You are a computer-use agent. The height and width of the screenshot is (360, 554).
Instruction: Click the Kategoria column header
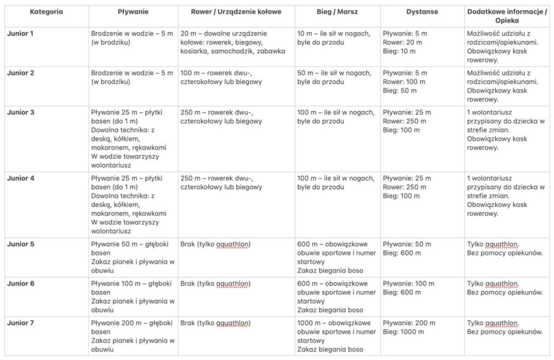(x=45, y=11)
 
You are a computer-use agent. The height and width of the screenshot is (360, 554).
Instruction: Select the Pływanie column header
(x=133, y=11)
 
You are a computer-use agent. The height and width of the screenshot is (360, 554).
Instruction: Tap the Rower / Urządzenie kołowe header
(x=236, y=11)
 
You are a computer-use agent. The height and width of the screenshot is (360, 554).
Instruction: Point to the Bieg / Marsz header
(x=336, y=11)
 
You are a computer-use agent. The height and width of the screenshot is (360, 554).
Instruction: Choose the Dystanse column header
(x=422, y=11)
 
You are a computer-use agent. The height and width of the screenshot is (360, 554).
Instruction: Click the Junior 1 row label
(x=21, y=33)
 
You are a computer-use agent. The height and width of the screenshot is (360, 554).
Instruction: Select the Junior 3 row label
(x=21, y=112)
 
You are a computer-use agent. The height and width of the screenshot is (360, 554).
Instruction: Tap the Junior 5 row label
(x=21, y=244)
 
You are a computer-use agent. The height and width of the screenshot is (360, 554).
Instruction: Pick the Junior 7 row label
(x=21, y=323)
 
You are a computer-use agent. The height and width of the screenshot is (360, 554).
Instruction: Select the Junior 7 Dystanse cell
(x=408, y=328)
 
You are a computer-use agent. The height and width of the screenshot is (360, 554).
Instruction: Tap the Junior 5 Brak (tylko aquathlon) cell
(x=215, y=244)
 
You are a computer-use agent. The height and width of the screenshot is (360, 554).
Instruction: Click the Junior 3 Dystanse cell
(x=407, y=121)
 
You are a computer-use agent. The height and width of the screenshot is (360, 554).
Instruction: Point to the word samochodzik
(x=241, y=51)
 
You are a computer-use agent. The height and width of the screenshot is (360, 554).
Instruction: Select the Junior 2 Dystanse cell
(x=404, y=82)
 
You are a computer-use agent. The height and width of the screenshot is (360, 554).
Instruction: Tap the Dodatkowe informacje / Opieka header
(x=506, y=15)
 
